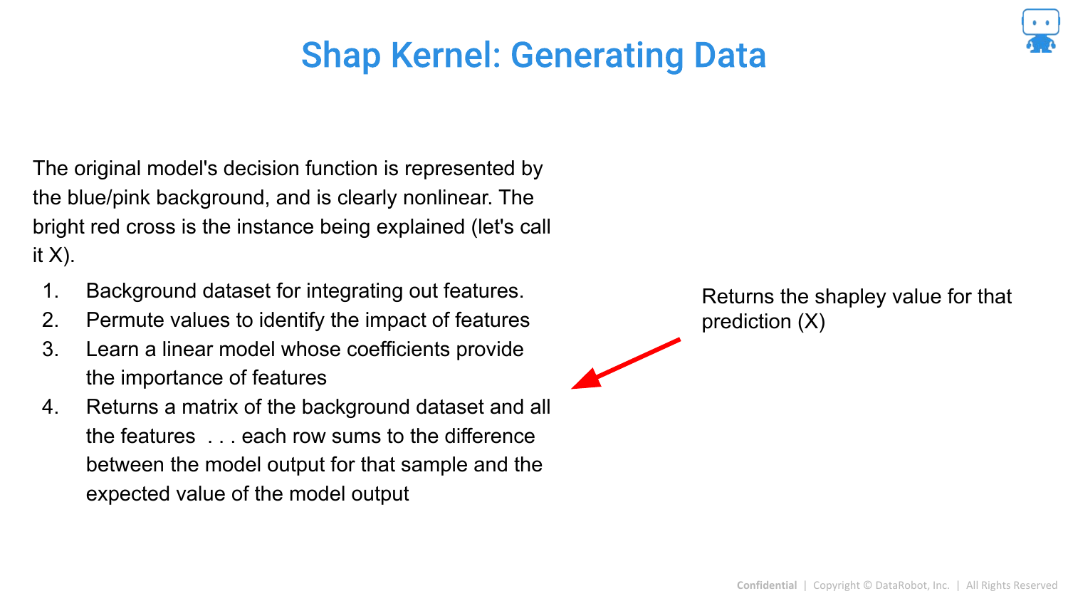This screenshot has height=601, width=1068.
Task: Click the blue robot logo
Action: pos(1040,31)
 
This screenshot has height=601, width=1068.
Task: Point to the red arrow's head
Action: pos(587,380)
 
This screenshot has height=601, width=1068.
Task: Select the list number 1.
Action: pos(51,291)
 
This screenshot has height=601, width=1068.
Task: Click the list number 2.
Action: pos(51,320)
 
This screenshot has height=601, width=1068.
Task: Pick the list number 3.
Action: pos(51,349)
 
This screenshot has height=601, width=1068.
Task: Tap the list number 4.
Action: pos(51,407)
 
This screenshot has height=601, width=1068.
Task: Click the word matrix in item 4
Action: pos(210,407)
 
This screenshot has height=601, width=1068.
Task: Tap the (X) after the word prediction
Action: pos(812,322)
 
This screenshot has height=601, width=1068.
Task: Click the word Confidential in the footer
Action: pos(767,585)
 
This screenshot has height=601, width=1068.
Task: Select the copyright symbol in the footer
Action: pos(868,585)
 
